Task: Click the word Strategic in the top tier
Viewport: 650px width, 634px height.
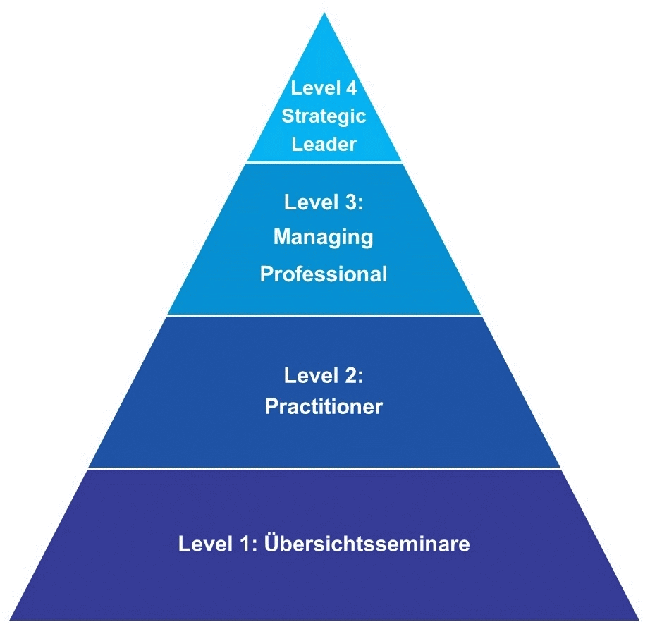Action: point(324,116)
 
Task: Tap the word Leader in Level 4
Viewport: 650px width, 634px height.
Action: point(324,144)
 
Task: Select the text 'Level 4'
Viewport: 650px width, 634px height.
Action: point(324,89)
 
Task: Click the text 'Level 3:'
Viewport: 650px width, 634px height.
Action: point(324,202)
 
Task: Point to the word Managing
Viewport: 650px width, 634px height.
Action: point(324,238)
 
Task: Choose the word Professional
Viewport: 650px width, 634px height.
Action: point(324,274)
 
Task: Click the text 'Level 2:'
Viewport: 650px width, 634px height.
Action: point(324,376)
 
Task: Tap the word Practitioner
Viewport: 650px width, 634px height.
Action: point(324,407)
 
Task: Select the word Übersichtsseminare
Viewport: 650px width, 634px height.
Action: point(367,544)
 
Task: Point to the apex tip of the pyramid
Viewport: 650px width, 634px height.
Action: point(324,14)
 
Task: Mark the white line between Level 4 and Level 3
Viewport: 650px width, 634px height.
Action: point(324,163)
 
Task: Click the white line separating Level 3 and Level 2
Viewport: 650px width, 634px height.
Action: point(324,315)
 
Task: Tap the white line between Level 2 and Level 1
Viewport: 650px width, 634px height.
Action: point(324,468)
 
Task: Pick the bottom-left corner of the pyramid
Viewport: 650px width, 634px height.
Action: point(11,619)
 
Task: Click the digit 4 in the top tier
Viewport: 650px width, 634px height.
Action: point(352,89)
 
